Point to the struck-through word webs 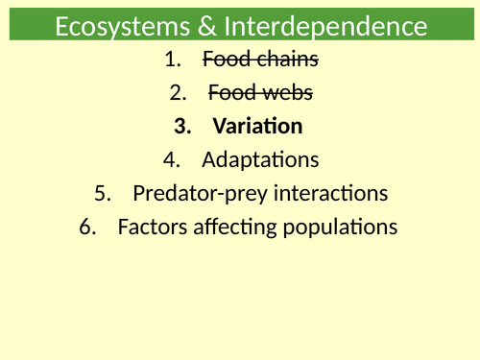coord(285,93)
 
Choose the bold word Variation coord(257,127)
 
